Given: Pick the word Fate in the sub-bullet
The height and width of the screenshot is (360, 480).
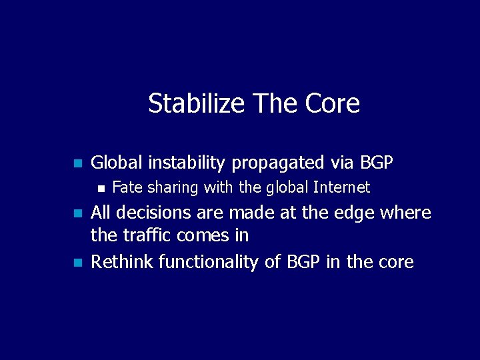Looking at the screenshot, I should tap(127, 188).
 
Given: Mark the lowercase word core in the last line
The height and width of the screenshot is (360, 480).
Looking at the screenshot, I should tap(397, 262).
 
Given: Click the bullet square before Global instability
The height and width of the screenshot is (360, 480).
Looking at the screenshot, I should tap(77, 163).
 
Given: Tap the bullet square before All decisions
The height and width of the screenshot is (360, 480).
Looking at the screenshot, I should tap(77, 214).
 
